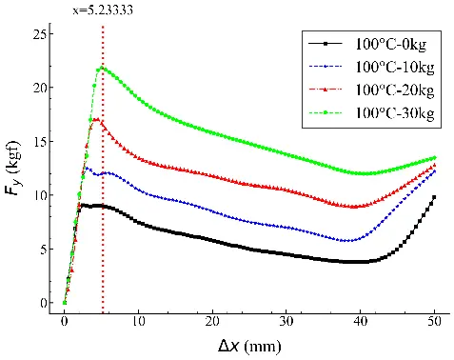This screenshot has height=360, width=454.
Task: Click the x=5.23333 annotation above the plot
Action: tap(103, 10)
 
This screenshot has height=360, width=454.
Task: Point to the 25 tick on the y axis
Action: tap(39, 33)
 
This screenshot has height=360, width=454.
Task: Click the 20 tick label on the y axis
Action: tap(39, 88)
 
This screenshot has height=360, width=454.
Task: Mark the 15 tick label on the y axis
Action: tap(39, 141)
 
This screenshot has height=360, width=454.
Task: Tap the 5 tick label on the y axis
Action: tap(43, 249)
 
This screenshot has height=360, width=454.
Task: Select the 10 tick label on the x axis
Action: tap(138, 322)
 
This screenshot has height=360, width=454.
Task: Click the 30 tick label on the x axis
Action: tap(286, 322)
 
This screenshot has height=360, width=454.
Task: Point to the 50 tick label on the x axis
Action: tap(434, 322)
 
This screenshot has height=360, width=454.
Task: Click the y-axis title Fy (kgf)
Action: tap(12, 168)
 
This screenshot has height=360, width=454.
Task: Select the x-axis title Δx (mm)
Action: tap(249, 347)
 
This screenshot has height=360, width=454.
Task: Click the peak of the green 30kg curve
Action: tap(102, 68)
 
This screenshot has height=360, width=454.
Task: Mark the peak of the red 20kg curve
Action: tap(97, 119)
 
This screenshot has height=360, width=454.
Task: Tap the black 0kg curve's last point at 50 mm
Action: tap(434, 197)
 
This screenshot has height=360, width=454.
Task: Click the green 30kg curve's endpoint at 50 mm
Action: tap(435, 158)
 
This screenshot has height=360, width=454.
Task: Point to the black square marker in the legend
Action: tap(326, 44)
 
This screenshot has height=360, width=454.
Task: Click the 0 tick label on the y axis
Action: tap(43, 303)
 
